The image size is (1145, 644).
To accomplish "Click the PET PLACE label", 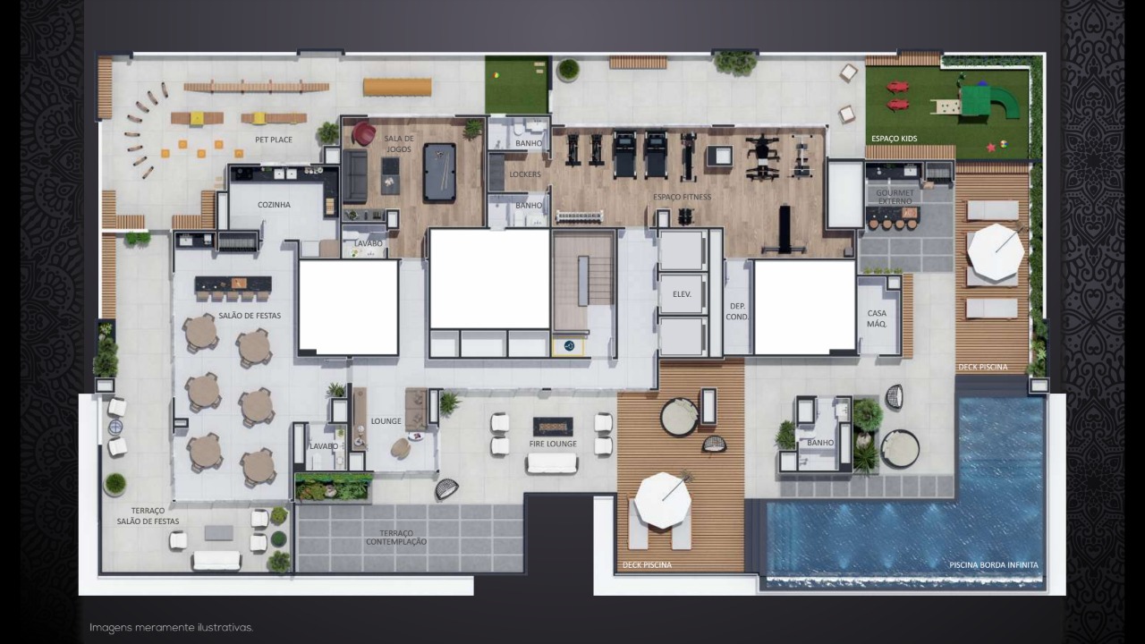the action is pyautogui.click(x=274, y=140).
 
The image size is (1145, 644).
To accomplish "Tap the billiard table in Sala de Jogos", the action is pyautogui.click(x=439, y=173).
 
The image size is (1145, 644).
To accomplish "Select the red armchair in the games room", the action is pyautogui.click(x=363, y=133).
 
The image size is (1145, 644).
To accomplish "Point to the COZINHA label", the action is pyautogui.click(x=274, y=205).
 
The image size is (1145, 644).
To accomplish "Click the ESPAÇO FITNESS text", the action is pyautogui.click(x=682, y=197).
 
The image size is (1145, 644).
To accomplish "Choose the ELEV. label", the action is pyautogui.click(x=682, y=294).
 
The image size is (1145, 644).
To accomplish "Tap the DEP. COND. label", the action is pyautogui.click(x=737, y=311).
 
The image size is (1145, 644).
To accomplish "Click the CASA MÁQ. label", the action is pyautogui.click(x=877, y=318).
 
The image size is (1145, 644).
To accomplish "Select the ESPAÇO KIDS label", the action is pyautogui.click(x=894, y=139).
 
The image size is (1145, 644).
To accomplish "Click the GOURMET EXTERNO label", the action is pyautogui.click(x=895, y=197).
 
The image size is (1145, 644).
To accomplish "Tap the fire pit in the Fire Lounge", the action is pyautogui.click(x=553, y=427).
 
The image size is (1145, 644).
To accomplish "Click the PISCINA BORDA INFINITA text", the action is pyautogui.click(x=994, y=564).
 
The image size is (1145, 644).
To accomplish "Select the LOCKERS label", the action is pyautogui.click(x=525, y=174).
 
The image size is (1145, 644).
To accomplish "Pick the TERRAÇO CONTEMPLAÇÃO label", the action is pyautogui.click(x=396, y=538).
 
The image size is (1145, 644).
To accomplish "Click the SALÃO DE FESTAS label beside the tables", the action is pyautogui.click(x=250, y=316).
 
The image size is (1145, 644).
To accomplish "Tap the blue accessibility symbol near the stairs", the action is pyautogui.click(x=570, y=346).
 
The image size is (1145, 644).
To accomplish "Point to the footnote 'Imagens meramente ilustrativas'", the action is pyautogui.click(x=171, y=628).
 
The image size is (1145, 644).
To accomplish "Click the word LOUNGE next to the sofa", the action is pyautogui.click(x=386, y=421).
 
